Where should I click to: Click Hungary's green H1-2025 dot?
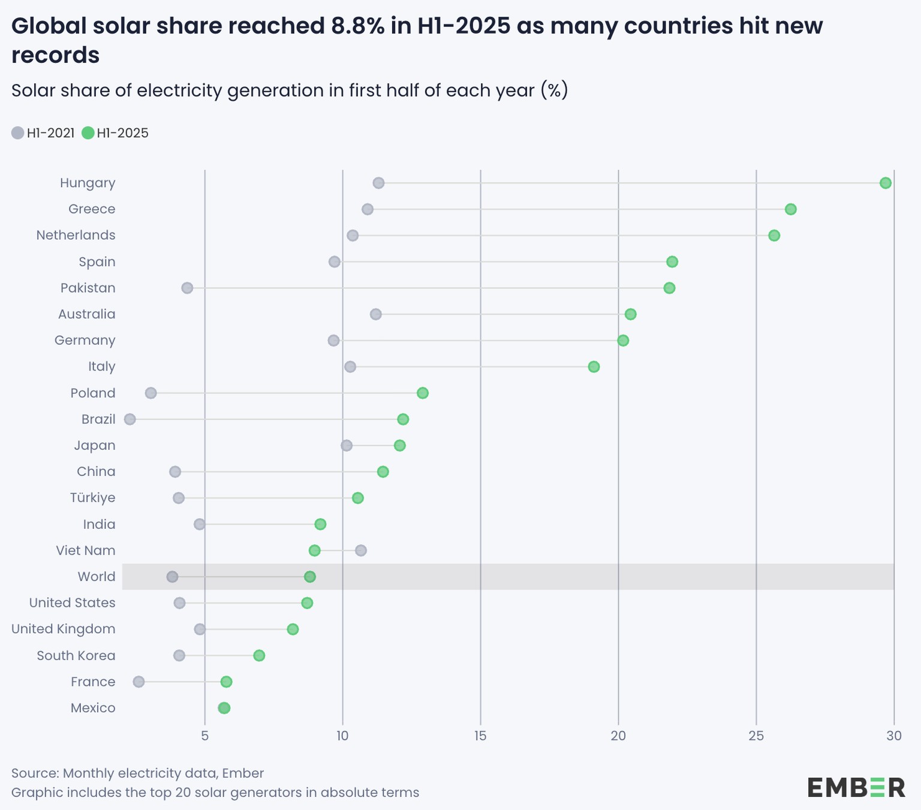pos(885,183)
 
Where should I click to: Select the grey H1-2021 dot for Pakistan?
pos(187,288)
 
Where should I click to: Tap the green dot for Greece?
pos(790,209)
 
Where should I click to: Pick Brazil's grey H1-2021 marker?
pos(130,419)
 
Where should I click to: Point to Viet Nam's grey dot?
pos(360,550)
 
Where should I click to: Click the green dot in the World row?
pos(309,577)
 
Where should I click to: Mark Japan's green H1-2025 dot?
pos(399,445)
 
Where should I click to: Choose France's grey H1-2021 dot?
pos(139,682)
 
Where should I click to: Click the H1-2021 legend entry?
pos(43,133)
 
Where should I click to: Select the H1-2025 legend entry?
pos(116,133)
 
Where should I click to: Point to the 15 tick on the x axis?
pos(480,736)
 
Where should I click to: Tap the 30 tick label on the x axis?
pos(893,736)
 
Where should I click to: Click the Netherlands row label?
pos(76,235)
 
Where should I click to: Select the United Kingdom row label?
pos(64,629)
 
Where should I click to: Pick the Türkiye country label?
pos(92,498)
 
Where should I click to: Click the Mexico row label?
pos(93,708)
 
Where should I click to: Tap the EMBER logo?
pos(856,787)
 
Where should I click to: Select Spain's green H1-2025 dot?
pos(672,262)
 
